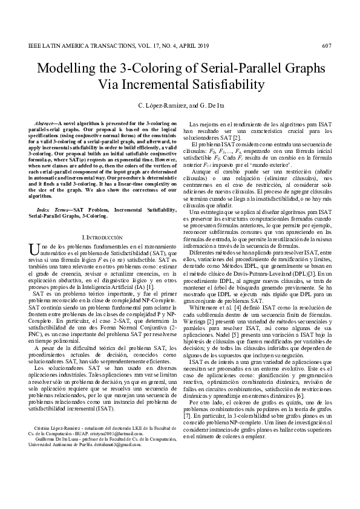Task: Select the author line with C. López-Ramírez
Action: pos(180,106)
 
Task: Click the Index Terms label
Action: pos(52,208)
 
